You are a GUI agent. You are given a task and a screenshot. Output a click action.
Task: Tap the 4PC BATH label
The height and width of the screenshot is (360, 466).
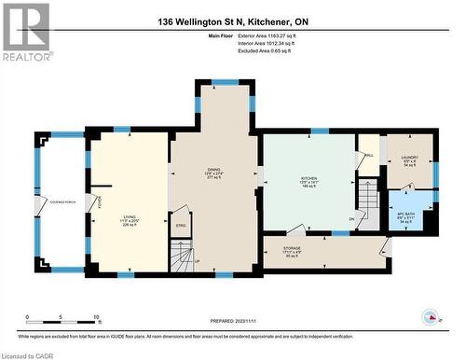point(404,215)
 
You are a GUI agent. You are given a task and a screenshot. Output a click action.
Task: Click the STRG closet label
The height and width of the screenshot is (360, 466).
point(181,224)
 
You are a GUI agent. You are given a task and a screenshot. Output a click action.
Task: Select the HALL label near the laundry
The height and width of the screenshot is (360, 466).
point(369,156)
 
